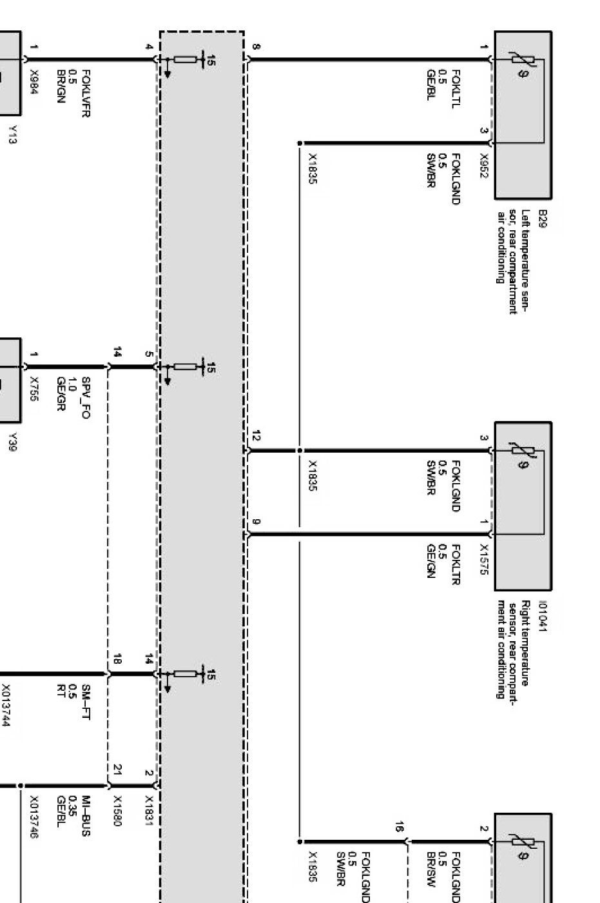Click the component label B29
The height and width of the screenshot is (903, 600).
tap(543, 215)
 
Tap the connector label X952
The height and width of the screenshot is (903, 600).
tap(484, 161)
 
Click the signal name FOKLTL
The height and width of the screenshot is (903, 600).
tap(456, 88)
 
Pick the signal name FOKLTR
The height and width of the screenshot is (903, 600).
tap(456, 560)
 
